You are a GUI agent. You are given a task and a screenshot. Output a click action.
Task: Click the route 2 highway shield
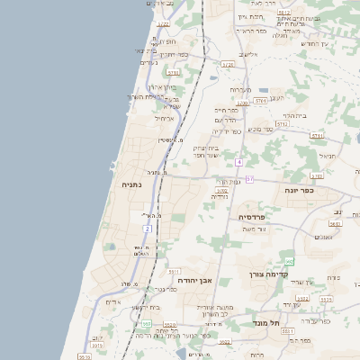(148, 229)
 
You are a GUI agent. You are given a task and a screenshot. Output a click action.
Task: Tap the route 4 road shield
(238, 162)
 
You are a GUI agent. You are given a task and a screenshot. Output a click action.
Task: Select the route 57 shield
(249, 180)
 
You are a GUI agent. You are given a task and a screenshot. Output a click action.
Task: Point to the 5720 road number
(227, 65)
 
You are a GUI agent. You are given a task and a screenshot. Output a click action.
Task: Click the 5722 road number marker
(221, 191)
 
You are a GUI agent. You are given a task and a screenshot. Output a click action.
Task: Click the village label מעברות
(239, 90)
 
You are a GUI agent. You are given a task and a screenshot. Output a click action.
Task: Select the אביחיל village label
(164, 119)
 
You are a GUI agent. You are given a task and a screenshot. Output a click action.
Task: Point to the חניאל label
(327, 156)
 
